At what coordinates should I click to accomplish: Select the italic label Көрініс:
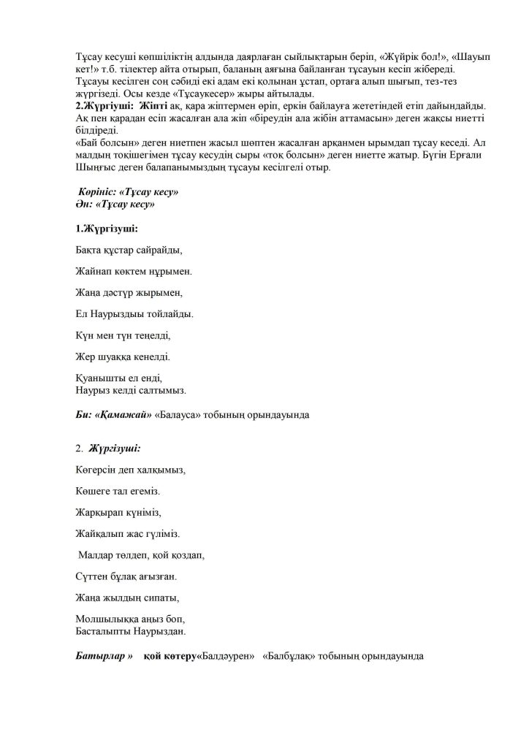coord(101,191)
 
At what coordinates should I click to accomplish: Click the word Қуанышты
coord(101,378)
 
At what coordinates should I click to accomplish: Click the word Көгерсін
coord(99,469)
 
